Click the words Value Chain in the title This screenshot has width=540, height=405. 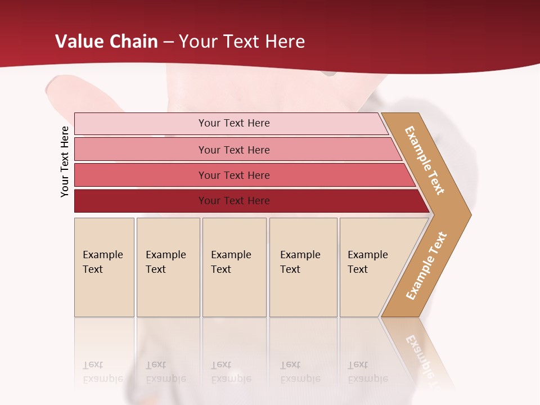pos(106,41)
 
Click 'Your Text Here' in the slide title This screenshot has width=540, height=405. pos(242,41)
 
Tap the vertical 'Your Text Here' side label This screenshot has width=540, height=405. pos(65,161)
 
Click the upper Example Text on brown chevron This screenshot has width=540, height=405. pos(425,160)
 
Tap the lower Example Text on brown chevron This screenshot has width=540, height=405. pos(426,265)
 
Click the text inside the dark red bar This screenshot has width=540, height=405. pos(234,201)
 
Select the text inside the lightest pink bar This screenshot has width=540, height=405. pos(234,123)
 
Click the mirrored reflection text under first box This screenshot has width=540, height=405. pos(103,372)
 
